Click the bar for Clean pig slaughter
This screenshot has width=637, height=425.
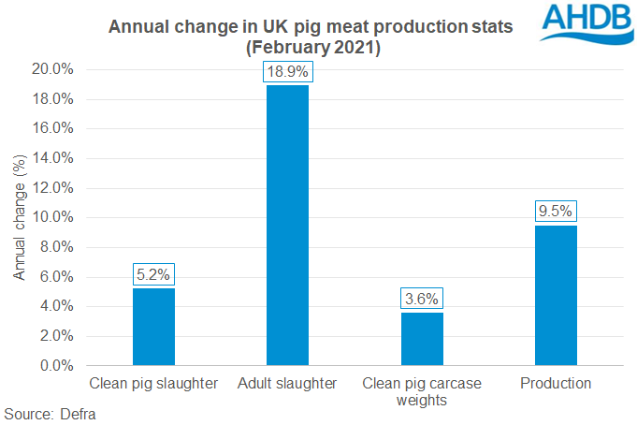(x=153, y=327)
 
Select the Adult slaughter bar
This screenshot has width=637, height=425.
(x=287, y=225)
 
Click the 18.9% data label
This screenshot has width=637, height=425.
(x=287, y=72)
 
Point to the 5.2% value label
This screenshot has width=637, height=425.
(x=153, y=275)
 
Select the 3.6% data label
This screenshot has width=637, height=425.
(x=422, y=300)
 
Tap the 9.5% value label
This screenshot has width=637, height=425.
(x=556, y=212)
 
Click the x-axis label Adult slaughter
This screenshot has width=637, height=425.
(x=287, y=384)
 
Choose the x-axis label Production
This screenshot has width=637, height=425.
(x=556, y=384)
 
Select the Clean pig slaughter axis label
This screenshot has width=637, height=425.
(x=153, y=384)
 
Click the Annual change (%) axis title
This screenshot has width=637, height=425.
(x=19, y=217)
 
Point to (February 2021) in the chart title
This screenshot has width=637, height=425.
(x=311, y=47)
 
